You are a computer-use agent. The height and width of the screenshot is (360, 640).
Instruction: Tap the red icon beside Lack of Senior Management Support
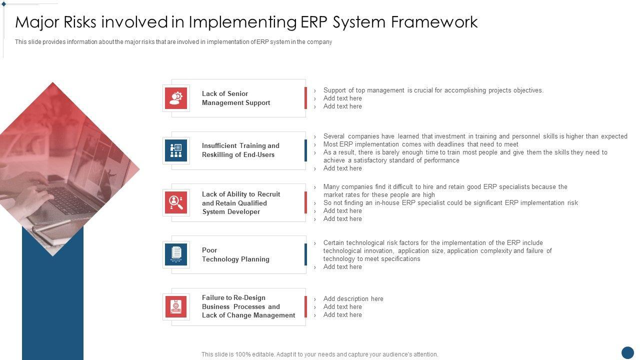point(176,98)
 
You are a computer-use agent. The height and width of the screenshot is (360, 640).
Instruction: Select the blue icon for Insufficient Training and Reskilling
point(176,150)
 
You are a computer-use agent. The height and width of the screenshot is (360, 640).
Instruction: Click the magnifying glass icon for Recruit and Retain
point(176,202)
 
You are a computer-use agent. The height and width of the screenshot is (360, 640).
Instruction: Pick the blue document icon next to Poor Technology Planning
point(176,254)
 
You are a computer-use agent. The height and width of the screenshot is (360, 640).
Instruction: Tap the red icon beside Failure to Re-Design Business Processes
point(176,307)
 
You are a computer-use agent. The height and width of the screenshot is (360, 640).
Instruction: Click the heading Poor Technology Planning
point(235,254)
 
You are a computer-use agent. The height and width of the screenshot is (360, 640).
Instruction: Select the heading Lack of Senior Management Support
point(235,98)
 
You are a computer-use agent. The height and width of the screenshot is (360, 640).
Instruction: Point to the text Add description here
point(353,298)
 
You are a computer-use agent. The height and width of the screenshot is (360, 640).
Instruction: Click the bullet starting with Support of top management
point(433,90)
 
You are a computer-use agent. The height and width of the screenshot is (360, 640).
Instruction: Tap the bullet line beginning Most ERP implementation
point(420,144)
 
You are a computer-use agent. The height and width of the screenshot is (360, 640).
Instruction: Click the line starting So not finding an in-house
point(450,203)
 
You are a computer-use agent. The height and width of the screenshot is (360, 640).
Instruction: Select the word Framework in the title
point(434,22)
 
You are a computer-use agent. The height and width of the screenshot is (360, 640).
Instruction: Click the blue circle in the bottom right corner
point(627,353)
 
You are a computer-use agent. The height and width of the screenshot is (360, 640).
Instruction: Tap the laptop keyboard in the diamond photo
point(68,200)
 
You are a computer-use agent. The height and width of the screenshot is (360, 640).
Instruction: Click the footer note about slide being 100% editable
point(319,354)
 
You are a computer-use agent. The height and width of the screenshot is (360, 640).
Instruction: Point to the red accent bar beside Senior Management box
point(305,98)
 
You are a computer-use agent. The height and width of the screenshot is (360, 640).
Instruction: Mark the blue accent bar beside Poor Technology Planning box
point(305,254)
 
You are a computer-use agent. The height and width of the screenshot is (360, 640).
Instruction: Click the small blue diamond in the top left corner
point(3,4)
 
